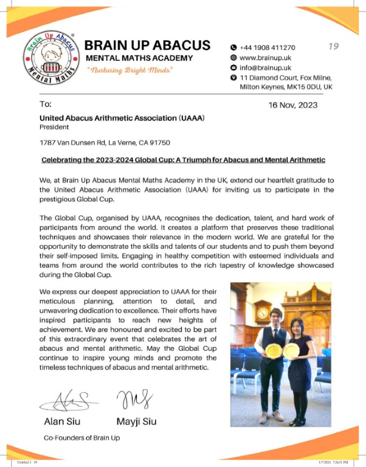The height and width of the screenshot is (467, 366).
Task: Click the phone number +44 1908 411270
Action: coord(268,47)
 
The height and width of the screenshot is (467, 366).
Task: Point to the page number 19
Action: coord(333,46)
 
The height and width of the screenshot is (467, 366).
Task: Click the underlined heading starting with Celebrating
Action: coord(183,159)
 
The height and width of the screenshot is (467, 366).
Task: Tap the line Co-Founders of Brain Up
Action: coord(83,438)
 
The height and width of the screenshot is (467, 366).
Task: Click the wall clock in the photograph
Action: coord(263,312)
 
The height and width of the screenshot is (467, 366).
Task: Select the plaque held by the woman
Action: coord(291,351)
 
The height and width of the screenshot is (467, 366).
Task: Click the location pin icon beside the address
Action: coord(233,78)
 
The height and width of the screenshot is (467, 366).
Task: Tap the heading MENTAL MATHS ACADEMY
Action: coord(139,58)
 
